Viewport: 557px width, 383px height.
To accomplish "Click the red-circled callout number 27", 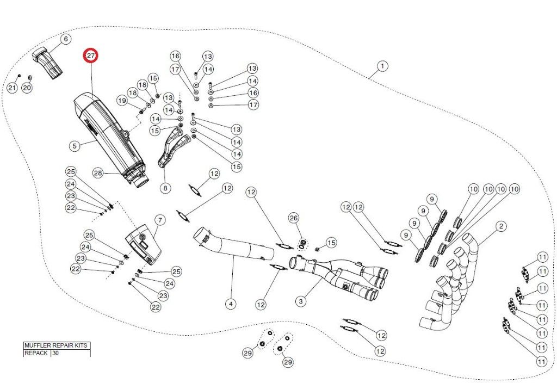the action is pos(91,55).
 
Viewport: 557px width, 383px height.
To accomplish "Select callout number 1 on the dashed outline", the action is pos(382,66).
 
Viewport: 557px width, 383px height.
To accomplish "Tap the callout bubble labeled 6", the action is pos(66,39).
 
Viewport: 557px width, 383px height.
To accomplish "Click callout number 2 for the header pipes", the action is pos(501,226).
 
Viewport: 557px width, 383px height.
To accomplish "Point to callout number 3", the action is pos(301,301).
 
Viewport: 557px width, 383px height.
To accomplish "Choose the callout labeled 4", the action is pos(231,304).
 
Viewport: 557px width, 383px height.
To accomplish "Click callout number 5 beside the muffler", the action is pos(75,146).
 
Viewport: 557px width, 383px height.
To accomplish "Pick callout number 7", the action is pos(160,220).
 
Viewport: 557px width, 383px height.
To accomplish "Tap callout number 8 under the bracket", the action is pos(165,188).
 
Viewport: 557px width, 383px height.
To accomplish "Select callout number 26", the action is pos(294,218).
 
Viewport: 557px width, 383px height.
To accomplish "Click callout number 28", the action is pos(98,173).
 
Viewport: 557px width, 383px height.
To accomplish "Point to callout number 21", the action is pos(13,88).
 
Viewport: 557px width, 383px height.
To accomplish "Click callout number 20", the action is pos(27,88).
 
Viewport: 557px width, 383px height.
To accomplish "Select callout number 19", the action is pos(122,101).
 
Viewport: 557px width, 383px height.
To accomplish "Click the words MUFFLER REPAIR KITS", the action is pos(56,345).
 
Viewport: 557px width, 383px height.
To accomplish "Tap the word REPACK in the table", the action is pos(36,353).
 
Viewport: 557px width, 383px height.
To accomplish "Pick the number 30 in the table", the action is pos(56,353).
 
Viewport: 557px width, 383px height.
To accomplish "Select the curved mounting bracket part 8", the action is pos(172,149).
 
